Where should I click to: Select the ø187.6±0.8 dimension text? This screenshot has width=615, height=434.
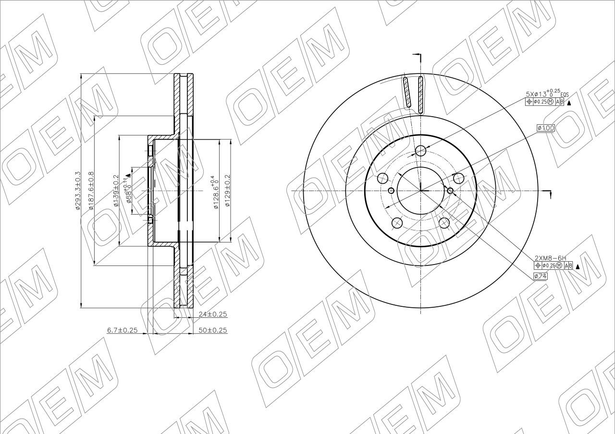(91, 191)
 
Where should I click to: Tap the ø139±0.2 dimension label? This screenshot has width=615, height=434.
(116, 191)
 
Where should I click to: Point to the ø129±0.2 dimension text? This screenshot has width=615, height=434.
(228, 191)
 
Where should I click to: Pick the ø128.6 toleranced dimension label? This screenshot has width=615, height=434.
(215, 192)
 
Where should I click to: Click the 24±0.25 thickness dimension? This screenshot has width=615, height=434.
(212, 314)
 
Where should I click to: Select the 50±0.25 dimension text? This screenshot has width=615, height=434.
(212, 330)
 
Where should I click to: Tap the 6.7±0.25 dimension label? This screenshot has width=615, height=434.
(122, 330)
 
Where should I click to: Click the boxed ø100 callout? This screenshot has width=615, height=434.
(546, 128)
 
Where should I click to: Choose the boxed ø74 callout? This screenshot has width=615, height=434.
(540, 276)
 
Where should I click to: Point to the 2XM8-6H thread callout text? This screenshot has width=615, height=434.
(550, 258)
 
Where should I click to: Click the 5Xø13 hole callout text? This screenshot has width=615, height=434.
(543, 93)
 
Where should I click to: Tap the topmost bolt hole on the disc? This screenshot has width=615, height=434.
(421, 151)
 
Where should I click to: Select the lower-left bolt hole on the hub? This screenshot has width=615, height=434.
(397, 223)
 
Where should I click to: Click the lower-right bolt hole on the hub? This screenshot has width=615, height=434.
(444, 223)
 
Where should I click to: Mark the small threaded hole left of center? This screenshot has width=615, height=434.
(391, 191)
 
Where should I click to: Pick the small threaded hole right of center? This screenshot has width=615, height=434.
(450, 191)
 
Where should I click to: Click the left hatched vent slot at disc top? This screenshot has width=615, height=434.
(406, 92)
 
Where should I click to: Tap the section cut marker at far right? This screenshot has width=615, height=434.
(548, 193)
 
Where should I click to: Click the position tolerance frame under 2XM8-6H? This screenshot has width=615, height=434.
(553, 266)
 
